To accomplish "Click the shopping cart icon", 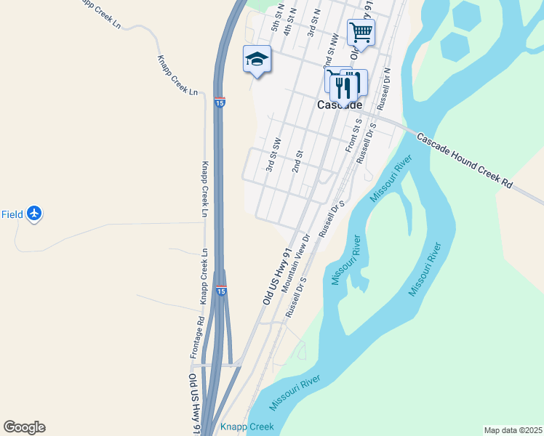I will pos(361,32).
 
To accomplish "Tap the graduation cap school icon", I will pos(257,59).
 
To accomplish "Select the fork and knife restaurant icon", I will pos(343,86).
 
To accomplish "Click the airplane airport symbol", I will pos(34,214).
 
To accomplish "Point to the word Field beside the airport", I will pos(12,214).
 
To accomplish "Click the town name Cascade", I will pos(340,105).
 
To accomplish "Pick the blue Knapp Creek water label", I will pos(247,427).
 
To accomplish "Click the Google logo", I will pos(24,427).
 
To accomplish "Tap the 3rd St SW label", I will pos(273,154).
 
